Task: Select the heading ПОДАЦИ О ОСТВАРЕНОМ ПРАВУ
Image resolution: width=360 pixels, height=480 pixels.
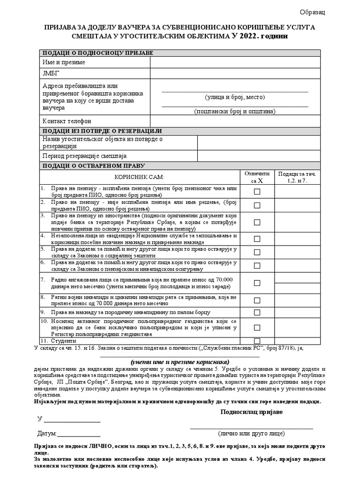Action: [x=94, y=165]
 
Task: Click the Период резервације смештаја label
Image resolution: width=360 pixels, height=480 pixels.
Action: [x=84, y=156]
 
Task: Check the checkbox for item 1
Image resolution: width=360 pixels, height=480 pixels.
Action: [x=257, y=191]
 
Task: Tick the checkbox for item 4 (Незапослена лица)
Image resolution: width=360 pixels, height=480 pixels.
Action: [x=257, y=239]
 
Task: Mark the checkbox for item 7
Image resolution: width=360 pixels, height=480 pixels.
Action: [x=257, y=283]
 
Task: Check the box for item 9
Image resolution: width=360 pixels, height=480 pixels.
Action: [x=257, y=312]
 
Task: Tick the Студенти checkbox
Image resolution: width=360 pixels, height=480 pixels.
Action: [x=257, y=341]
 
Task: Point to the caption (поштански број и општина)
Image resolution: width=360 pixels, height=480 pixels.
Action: [x=235, y=111]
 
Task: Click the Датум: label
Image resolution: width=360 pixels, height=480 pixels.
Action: [x=47, y=434]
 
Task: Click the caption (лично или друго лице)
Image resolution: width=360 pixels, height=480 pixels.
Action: [x=251, y=434]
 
